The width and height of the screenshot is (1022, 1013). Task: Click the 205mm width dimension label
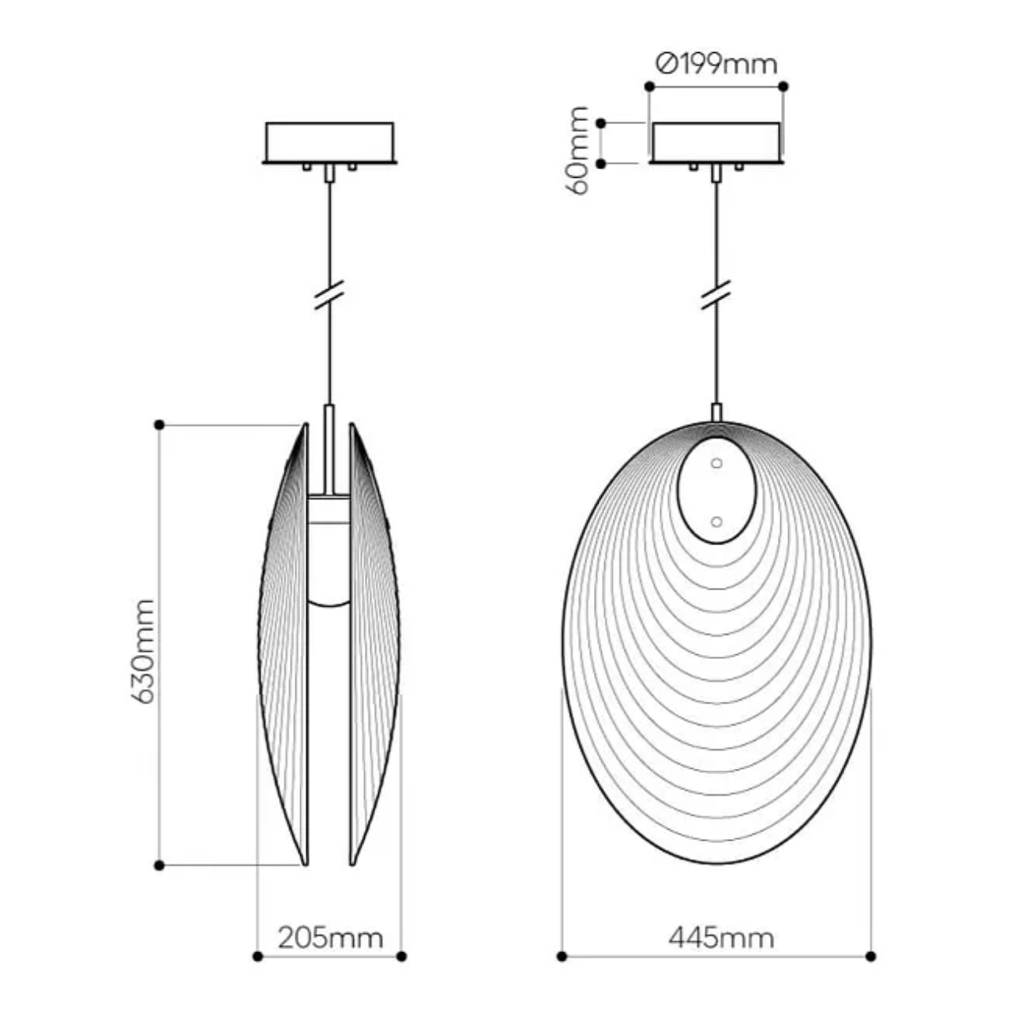[330, 937]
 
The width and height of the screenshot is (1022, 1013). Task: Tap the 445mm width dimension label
[720, 937]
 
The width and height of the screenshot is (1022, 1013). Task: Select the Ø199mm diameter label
[716, 62]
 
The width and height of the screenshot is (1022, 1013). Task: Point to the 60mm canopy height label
[580, 150]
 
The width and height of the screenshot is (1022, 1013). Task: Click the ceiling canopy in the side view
[329, 142]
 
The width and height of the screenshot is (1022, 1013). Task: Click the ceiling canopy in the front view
[716, 142]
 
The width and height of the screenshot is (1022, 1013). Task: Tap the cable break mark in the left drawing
[329, 295]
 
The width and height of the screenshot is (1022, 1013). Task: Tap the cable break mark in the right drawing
[716, 295]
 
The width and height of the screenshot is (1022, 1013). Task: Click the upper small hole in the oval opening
[716, 464]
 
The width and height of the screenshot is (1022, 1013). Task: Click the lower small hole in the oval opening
[716, 522]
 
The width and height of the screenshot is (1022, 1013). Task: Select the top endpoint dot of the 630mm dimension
[160, 425]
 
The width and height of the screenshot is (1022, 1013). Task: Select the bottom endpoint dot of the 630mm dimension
[160, 866]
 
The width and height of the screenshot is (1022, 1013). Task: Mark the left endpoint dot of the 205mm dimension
[257, 956]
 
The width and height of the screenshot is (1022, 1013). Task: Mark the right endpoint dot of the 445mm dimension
[871, 956]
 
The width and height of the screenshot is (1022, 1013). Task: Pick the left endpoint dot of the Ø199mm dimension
[649, 86]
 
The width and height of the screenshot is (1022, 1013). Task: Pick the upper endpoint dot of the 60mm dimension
[601, 123]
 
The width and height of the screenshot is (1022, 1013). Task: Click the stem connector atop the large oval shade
[716, 412]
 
